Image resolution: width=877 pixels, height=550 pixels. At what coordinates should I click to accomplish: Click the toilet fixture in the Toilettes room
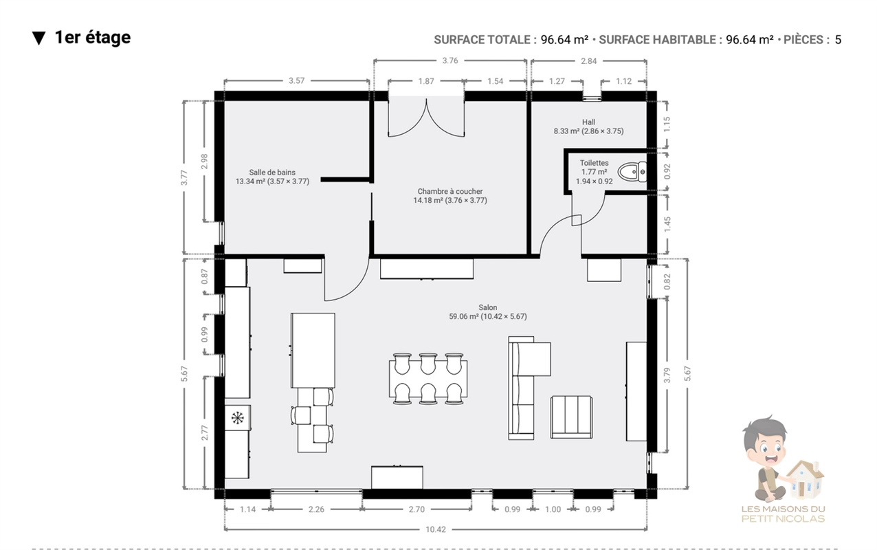(632, 172)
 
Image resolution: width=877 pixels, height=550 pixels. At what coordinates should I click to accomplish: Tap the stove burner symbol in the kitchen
(237, 418)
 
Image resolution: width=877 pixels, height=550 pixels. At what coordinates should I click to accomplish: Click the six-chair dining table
(428, 379)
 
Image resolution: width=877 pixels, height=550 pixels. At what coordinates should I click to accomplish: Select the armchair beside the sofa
(571, 417)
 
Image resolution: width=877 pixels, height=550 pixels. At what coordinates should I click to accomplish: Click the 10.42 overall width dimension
(436, 529)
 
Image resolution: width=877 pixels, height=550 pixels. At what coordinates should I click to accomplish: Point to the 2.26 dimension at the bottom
(316, 509)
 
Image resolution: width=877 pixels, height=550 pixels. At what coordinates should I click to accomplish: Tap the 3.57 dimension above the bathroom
(296, 80)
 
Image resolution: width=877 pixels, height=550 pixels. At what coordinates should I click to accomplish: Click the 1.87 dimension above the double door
(426, 81)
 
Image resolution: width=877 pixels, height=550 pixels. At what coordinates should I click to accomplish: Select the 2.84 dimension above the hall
(589, 60)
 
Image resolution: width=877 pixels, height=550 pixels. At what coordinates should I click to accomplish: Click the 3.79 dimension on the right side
(667, 375)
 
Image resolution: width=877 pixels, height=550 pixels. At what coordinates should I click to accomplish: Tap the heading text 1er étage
(93, 38)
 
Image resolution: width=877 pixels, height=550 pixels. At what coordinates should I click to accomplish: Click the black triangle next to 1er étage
(38, 38)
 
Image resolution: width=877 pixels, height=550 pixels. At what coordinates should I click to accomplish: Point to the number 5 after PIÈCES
(838, 40)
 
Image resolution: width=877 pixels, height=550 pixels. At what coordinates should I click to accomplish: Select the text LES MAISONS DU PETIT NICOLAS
(784, 514)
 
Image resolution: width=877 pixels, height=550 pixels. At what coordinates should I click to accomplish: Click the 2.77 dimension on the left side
(204, 432)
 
